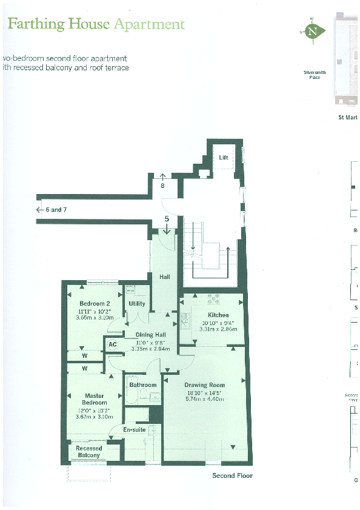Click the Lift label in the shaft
point(224,158)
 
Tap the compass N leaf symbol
point(313,31)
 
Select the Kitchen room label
point(218,315)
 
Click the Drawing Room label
point(205,385)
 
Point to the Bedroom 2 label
point(95,303)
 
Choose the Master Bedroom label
point(95,399)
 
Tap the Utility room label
point(137,304)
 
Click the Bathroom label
point(143,385)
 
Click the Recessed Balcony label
point(88,452)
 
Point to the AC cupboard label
point(112,344)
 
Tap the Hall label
point(165,277)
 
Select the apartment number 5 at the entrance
point(167,218)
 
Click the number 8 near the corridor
point(162,186)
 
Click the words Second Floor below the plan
point(232,475)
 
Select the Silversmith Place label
point(315,75)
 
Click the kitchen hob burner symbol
point(213,298)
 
